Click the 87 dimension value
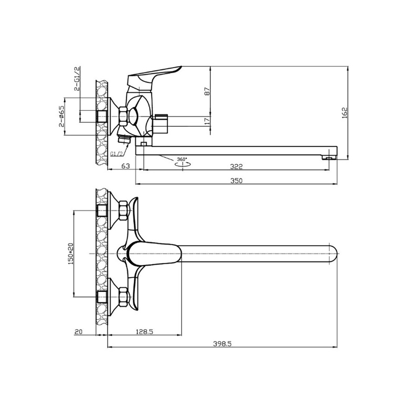point(207,91)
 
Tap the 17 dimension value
point(207,121)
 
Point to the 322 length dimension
point(236,166)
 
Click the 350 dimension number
point(236,181)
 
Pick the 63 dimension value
point(125,166)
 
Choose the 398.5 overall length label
point(222,344)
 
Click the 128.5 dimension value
point(144,332)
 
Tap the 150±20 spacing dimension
point(70,254)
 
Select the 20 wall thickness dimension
point(78,332)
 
